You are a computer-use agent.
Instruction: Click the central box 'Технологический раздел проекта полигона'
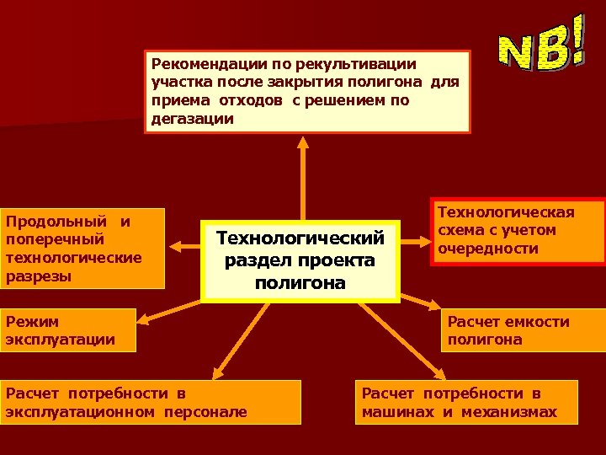pyautogui.click(x=299, y=260)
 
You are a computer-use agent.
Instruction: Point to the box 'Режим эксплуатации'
pyautogui.click(x=67, y=329)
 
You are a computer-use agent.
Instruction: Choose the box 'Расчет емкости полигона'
pyautogui.click(x=523, y=330)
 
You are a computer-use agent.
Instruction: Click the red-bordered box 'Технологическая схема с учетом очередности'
pyautogui.click(x=518, y=231)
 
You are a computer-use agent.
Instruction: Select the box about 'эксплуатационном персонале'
pyautogui.click(x=150, y=402)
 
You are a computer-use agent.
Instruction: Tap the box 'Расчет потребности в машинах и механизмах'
pyautogui.click(x=466, y=402)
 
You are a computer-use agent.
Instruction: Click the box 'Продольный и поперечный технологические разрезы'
pyautogui.click(x=82, y=249)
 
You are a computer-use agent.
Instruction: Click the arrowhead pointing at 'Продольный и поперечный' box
pyautogui.click(x=172, y=246)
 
